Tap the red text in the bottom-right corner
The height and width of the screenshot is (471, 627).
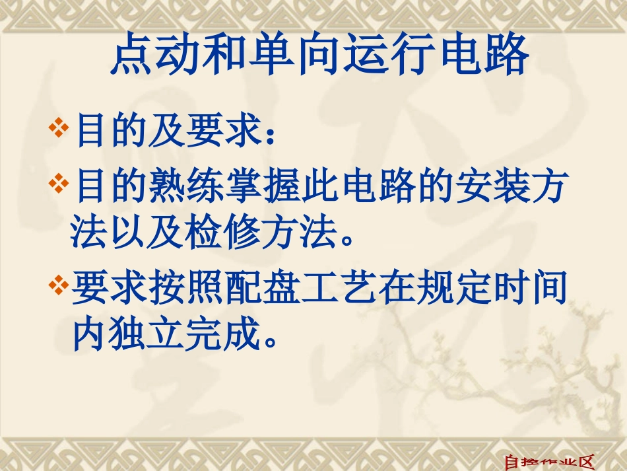tap(550, 462)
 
